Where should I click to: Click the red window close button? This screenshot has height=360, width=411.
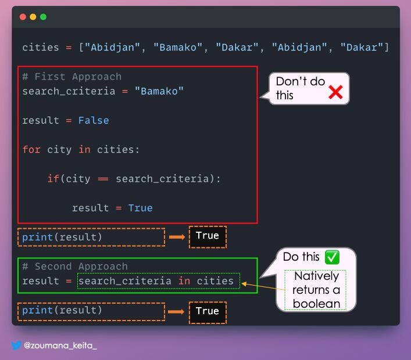pos(23,17)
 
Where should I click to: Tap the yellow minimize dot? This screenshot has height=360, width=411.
pos(33,17)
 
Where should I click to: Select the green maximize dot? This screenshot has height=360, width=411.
pos(43,17)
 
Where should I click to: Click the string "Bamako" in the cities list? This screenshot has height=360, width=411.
pos(178,48)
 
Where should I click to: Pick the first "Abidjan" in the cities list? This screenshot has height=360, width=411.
pos(112,48)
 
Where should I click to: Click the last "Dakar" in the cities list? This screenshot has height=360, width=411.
pos(362,48)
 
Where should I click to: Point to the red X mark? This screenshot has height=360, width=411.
pos(335,92)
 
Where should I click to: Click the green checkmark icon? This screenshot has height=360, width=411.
pos(332,257)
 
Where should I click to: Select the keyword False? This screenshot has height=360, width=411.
pos(94,120)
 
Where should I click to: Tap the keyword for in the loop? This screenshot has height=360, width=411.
pos(31,149)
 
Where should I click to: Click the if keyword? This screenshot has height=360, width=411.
pos(53,179)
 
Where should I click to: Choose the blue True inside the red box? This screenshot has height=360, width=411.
pos(140,208)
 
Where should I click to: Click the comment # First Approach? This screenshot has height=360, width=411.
pos(72,77)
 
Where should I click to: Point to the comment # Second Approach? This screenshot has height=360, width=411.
pos(75,267)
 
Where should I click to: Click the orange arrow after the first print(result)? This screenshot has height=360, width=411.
pos(177,237)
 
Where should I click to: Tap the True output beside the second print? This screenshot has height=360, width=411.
pos(208,311)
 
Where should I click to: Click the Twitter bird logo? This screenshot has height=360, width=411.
pos(16,345)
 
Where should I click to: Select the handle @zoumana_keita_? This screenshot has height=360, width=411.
pos(60,345)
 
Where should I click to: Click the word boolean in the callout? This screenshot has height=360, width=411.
pos(316,304)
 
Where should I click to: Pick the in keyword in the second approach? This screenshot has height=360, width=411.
pos(184,281)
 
